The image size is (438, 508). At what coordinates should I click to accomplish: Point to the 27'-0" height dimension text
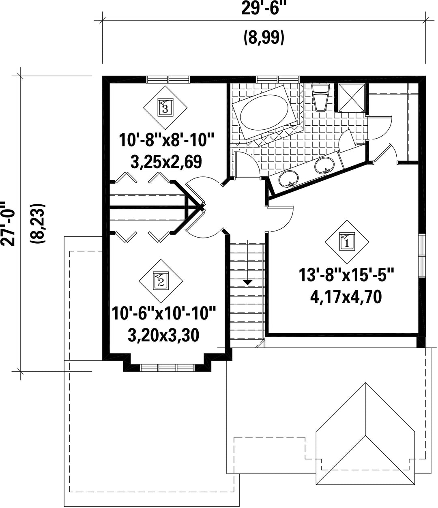point(7,224)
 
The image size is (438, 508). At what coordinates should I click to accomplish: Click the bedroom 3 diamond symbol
point(165,107)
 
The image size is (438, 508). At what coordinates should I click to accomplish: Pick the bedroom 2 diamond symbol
point(161,281)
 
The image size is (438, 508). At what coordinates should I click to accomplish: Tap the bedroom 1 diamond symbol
point(347,242)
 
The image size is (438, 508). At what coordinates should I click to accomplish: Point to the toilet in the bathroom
point(320,98)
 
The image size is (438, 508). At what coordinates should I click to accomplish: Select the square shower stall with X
point(352,98)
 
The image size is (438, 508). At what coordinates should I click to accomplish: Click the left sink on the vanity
point(289,178)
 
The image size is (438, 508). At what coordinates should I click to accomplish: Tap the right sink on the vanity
point(324,165)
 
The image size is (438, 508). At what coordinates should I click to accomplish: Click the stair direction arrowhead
point(247,283)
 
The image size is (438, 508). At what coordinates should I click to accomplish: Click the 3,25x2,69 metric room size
point(166,161)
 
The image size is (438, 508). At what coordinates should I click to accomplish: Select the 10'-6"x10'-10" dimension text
point(164,313)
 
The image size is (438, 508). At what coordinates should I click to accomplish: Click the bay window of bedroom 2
point(167,368)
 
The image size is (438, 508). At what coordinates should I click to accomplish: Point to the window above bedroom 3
point(168,79)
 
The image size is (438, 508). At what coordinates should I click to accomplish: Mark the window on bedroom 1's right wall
point(422,256)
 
